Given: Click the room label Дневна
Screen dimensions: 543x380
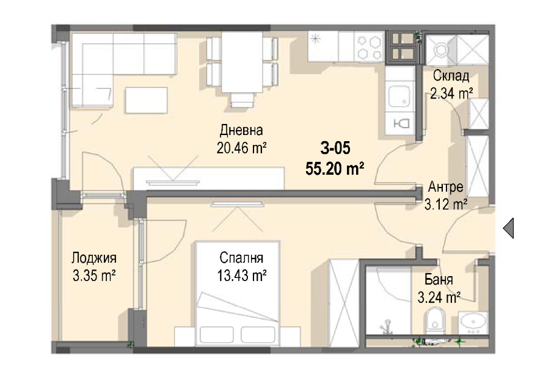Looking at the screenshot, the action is [241, 130].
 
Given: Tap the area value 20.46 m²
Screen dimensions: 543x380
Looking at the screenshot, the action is [241, 148].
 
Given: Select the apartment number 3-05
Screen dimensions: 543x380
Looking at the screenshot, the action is [335, 148].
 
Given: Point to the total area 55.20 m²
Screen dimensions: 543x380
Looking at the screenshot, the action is [335, 169].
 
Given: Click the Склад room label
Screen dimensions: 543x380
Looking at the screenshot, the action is [451, 76].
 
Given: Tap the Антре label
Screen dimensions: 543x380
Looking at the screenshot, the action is [446, 187].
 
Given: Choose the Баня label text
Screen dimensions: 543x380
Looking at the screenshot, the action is [439, 279].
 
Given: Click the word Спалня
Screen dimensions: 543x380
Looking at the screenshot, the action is [241, 258].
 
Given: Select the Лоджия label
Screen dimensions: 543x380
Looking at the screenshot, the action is [94, 258].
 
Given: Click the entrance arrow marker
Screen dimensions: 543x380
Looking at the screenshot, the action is [509, 228].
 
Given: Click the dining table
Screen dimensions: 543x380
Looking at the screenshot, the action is [242, 62].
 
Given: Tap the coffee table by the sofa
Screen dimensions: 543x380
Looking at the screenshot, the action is [146, 100].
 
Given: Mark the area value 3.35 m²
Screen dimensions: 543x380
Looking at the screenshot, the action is [94, 276].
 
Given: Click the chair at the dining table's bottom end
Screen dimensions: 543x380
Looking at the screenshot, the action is [242, 100].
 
